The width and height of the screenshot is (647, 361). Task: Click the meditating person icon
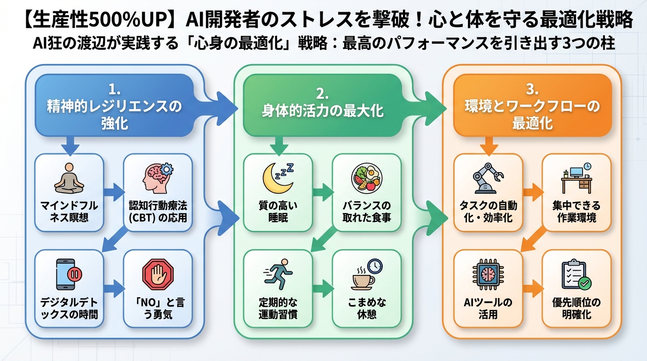tap(69, 179)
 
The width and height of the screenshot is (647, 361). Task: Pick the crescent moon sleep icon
tap(277, 179)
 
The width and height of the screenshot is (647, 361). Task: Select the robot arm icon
tap(488, 179)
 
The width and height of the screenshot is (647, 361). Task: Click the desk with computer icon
tap(576, 178)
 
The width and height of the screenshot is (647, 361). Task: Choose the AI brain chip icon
tap(488, 275)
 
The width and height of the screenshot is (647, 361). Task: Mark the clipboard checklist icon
tap(576, 275)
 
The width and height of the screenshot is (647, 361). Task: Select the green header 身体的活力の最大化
tap(322, 106)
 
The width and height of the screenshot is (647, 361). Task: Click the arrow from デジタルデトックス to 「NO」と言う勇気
tap(113, 288)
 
